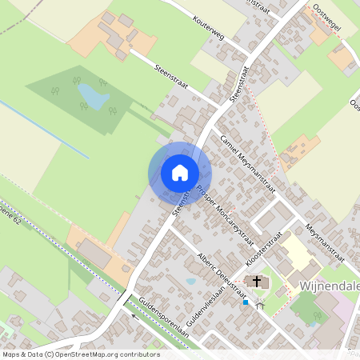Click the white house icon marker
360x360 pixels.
(179, 173)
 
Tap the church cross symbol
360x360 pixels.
(257, 281)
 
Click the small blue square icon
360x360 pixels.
(245, 302)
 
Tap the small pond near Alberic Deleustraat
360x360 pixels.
(190, 281)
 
